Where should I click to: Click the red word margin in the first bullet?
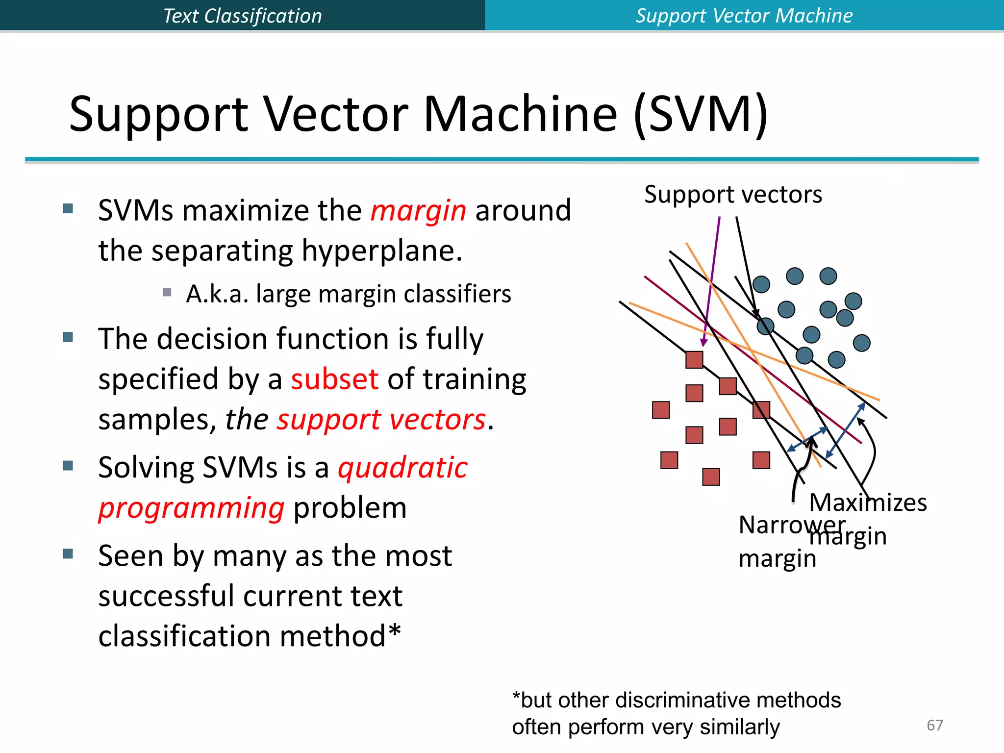click(418, 211)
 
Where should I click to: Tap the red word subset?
click(334, 379)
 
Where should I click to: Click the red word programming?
click(191, 508)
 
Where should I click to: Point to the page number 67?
click(934, 725)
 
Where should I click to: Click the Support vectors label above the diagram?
click(732, 195)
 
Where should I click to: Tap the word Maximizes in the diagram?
click(868, 502)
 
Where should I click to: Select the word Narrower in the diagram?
click(791, 525)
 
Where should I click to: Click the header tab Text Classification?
click(242, 16)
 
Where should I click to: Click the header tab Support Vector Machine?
click(744, 16)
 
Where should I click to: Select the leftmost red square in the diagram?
click(661, 410)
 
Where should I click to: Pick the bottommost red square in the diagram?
click(711, 477)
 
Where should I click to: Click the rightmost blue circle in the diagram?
click(861, 343)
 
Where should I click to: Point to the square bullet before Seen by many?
click(68, 554)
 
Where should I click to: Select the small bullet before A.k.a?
click(167, 293)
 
